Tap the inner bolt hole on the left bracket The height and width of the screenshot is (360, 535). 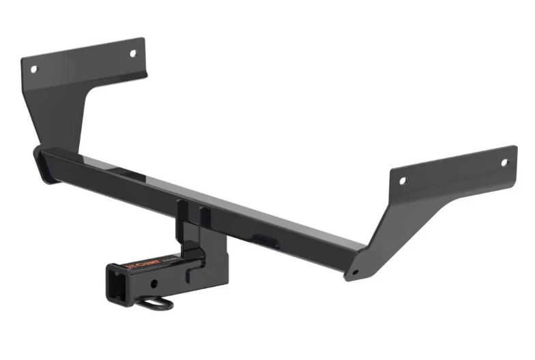point(134,52)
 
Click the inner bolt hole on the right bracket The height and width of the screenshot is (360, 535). point(403,181)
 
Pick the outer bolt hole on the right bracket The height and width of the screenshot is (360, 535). point(505,162)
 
